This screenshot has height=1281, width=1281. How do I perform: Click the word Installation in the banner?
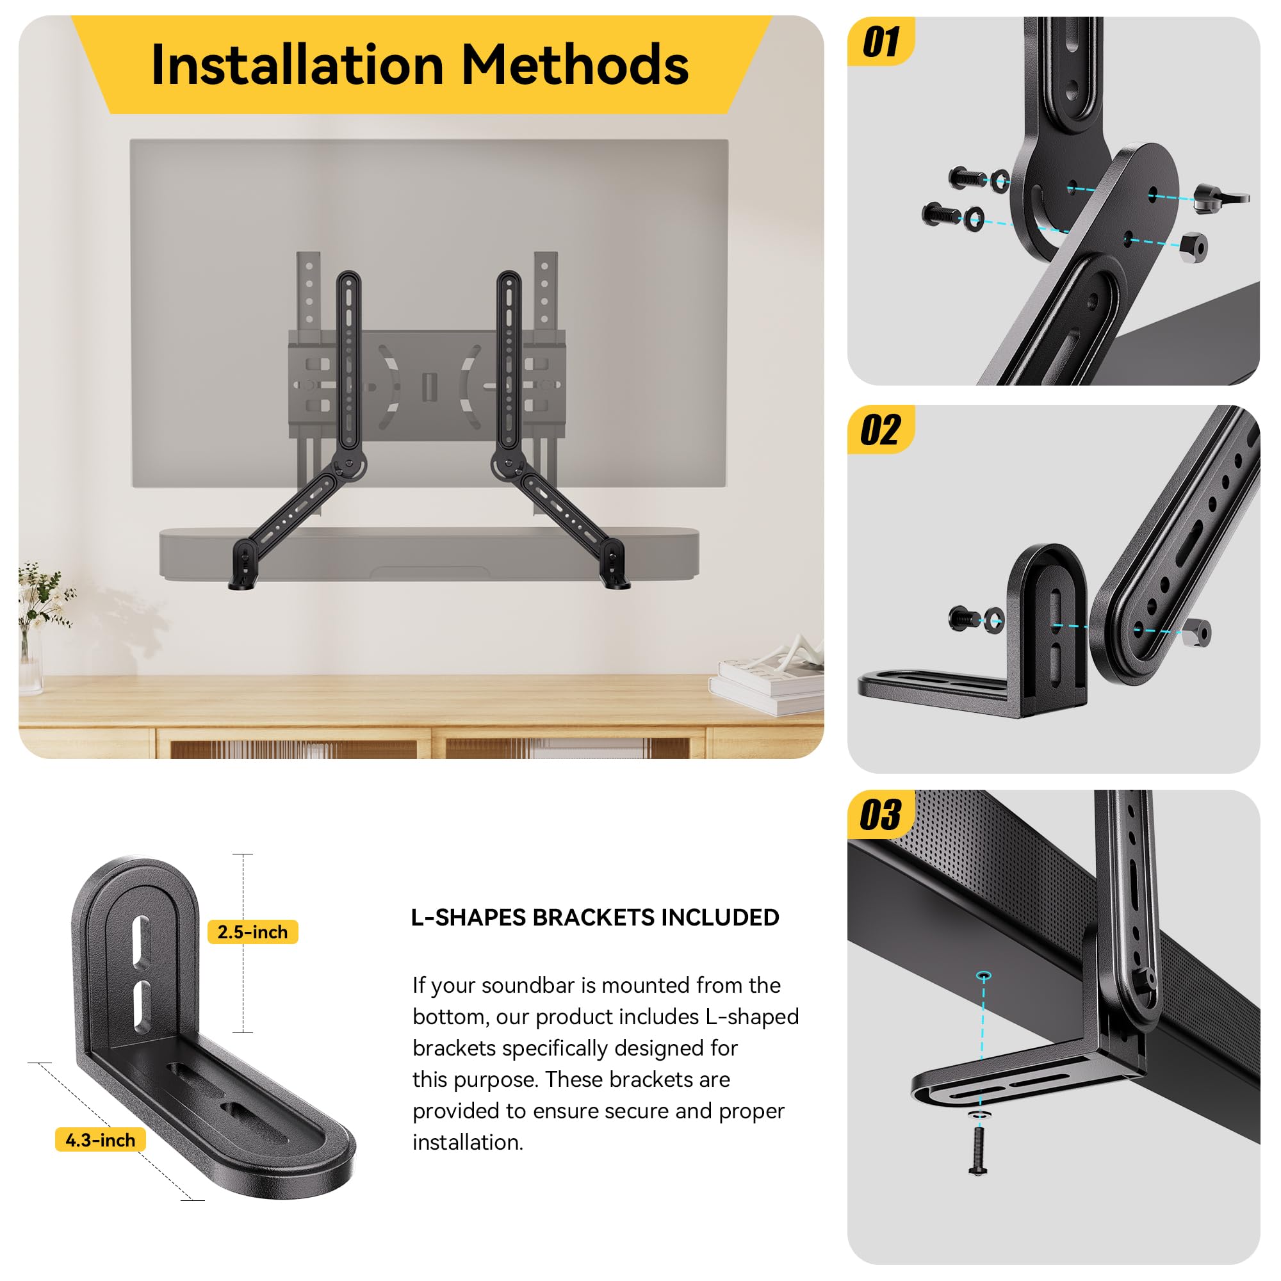[x=297, y=65]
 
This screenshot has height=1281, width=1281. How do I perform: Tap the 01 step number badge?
[x=881, y=42]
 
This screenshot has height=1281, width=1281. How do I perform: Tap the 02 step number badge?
[x=881, y=430]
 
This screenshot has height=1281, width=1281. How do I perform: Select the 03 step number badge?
[x=881, y=814]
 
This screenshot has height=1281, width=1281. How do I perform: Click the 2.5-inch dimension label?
[x=252, y=931]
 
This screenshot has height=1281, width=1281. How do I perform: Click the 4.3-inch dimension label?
[x=100, y=1140]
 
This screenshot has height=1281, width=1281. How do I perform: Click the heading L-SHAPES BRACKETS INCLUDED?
[x=595, y=917]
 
